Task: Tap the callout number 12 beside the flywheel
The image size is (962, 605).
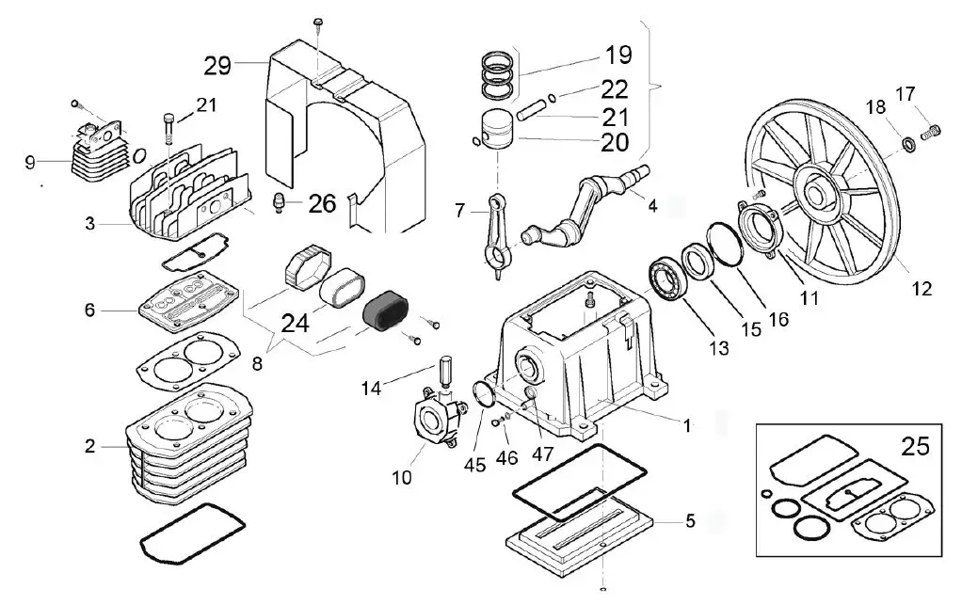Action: [922, 289]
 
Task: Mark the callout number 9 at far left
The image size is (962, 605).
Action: [30, 163]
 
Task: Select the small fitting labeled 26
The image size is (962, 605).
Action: [279, 200]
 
